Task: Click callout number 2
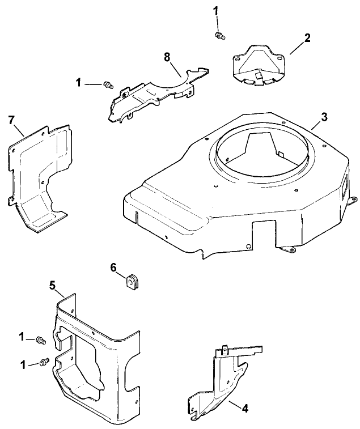pyautogui.click(x=307, y=39)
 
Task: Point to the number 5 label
pyautogui.click(x=52, y=286)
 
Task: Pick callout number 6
pyautogui.click(x=113, y=266)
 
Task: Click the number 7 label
pyautogui.click(x=11, y=120)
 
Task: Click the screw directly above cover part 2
pyautogui.click(x=219, y=36)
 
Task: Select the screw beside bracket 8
pyautogui.click(x=106, y=86)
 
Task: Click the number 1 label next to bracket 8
pyautogui.click(x=78, y=83)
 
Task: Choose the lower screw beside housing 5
pyautogui.click(x=44, y=362)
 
